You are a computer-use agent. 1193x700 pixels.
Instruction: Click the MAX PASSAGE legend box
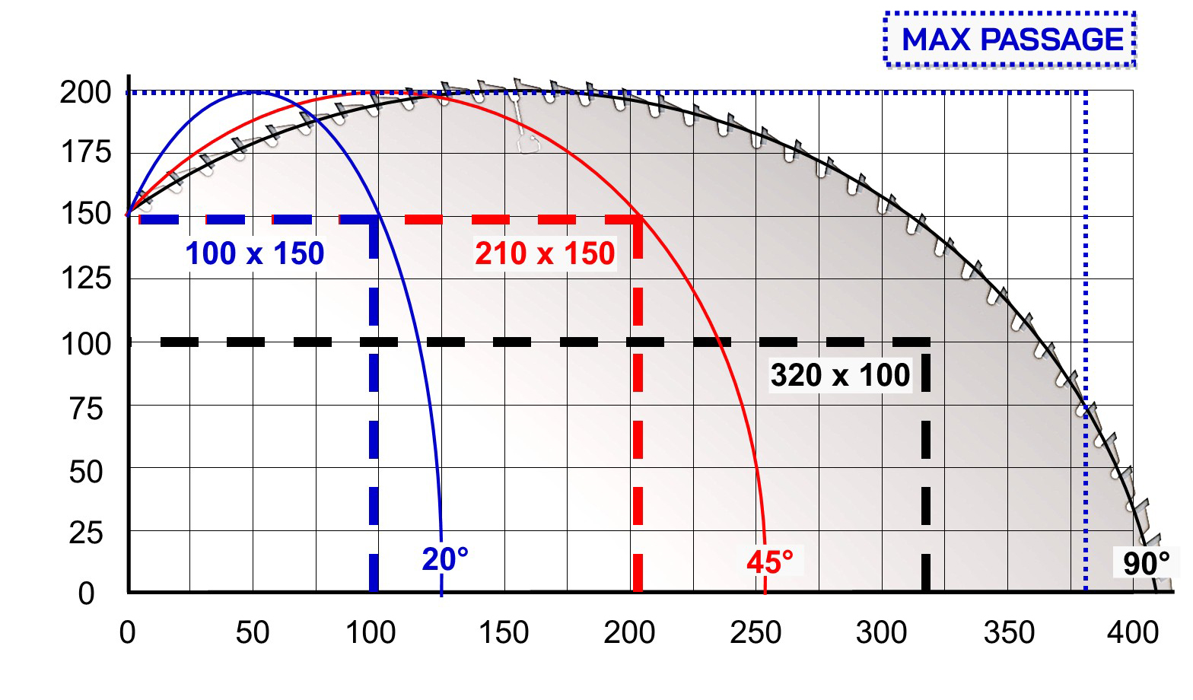point(1010,40)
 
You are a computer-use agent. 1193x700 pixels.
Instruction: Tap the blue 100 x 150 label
point(255,253)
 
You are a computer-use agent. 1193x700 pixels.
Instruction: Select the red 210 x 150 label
point(545,253)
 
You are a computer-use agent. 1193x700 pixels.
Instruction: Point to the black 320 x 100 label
point(840,375)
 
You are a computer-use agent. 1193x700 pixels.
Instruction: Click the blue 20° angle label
point(445,559)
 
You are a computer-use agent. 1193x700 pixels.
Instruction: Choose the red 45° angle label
point(770,562)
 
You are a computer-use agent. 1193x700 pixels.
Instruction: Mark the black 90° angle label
point(1146,564)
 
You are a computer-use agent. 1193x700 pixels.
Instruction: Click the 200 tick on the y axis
point(85,93)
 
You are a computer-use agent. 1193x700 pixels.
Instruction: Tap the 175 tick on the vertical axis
point(86,152)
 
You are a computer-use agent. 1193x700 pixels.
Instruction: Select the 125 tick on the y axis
point(86,278)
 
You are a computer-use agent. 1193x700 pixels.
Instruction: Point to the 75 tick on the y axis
point(86,409)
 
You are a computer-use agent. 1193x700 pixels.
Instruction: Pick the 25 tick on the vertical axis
point(85,533)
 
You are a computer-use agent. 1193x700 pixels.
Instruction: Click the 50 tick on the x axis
point(253,633)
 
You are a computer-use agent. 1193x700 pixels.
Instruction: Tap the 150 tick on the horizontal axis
point(504,633)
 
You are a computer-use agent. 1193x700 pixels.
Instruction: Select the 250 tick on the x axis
point(756,633)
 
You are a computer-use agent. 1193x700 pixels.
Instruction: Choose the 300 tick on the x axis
point(881,633)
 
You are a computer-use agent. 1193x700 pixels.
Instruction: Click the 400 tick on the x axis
point(1133,633)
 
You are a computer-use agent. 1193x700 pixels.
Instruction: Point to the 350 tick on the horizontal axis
point(1009,633)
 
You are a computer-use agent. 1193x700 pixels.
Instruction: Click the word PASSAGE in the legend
point(1051,40)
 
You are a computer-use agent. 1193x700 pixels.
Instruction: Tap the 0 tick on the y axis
point(86,593)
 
